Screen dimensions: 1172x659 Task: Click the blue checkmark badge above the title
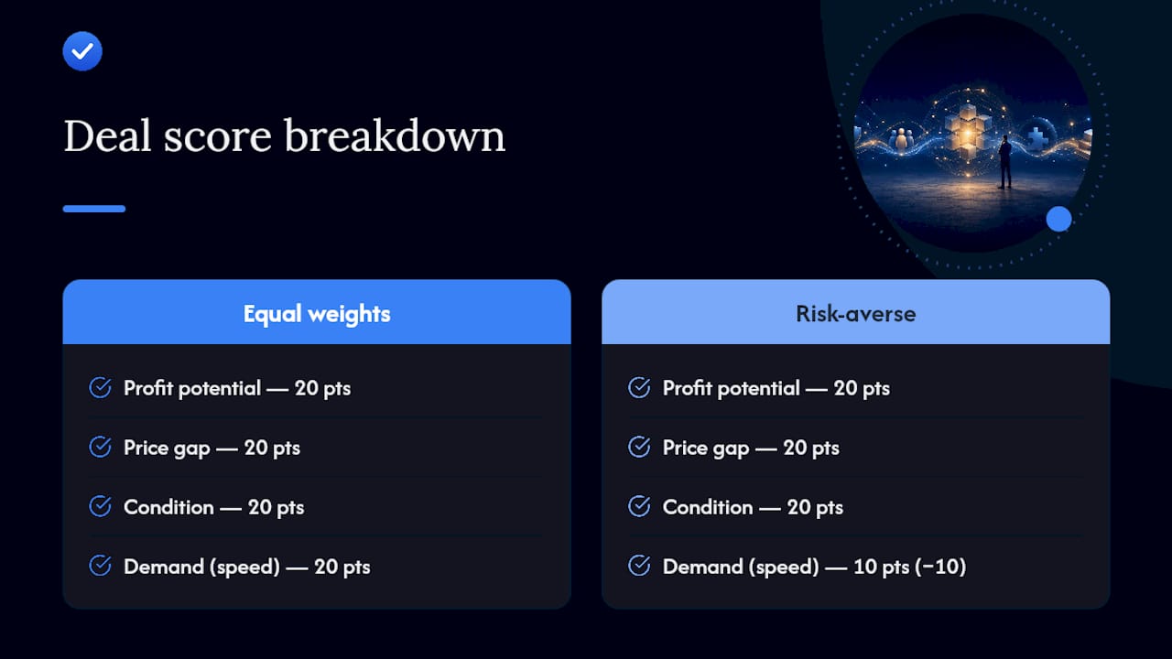82,51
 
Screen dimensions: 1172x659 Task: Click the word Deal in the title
108,136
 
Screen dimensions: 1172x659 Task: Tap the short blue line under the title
94,209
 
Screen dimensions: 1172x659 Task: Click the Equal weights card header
317,312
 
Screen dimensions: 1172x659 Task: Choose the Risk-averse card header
855,312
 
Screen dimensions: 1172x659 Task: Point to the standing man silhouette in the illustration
1004,162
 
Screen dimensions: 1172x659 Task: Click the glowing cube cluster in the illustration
968,131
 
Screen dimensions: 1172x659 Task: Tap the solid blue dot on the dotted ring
1059,219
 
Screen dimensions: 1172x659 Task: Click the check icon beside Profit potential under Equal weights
100,387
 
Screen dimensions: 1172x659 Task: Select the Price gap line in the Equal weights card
212,448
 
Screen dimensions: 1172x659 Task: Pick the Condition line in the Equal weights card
214,507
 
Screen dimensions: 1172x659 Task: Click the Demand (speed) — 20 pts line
247,567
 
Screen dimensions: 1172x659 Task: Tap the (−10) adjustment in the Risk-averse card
940,567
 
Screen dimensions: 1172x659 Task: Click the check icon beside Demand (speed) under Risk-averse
639,566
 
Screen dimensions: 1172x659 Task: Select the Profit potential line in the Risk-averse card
776,389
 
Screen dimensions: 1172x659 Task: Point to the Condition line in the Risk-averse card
753,507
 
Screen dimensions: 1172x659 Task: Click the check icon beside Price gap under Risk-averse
639,447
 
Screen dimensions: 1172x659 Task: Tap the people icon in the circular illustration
901,138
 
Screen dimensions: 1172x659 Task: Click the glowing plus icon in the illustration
1037,137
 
